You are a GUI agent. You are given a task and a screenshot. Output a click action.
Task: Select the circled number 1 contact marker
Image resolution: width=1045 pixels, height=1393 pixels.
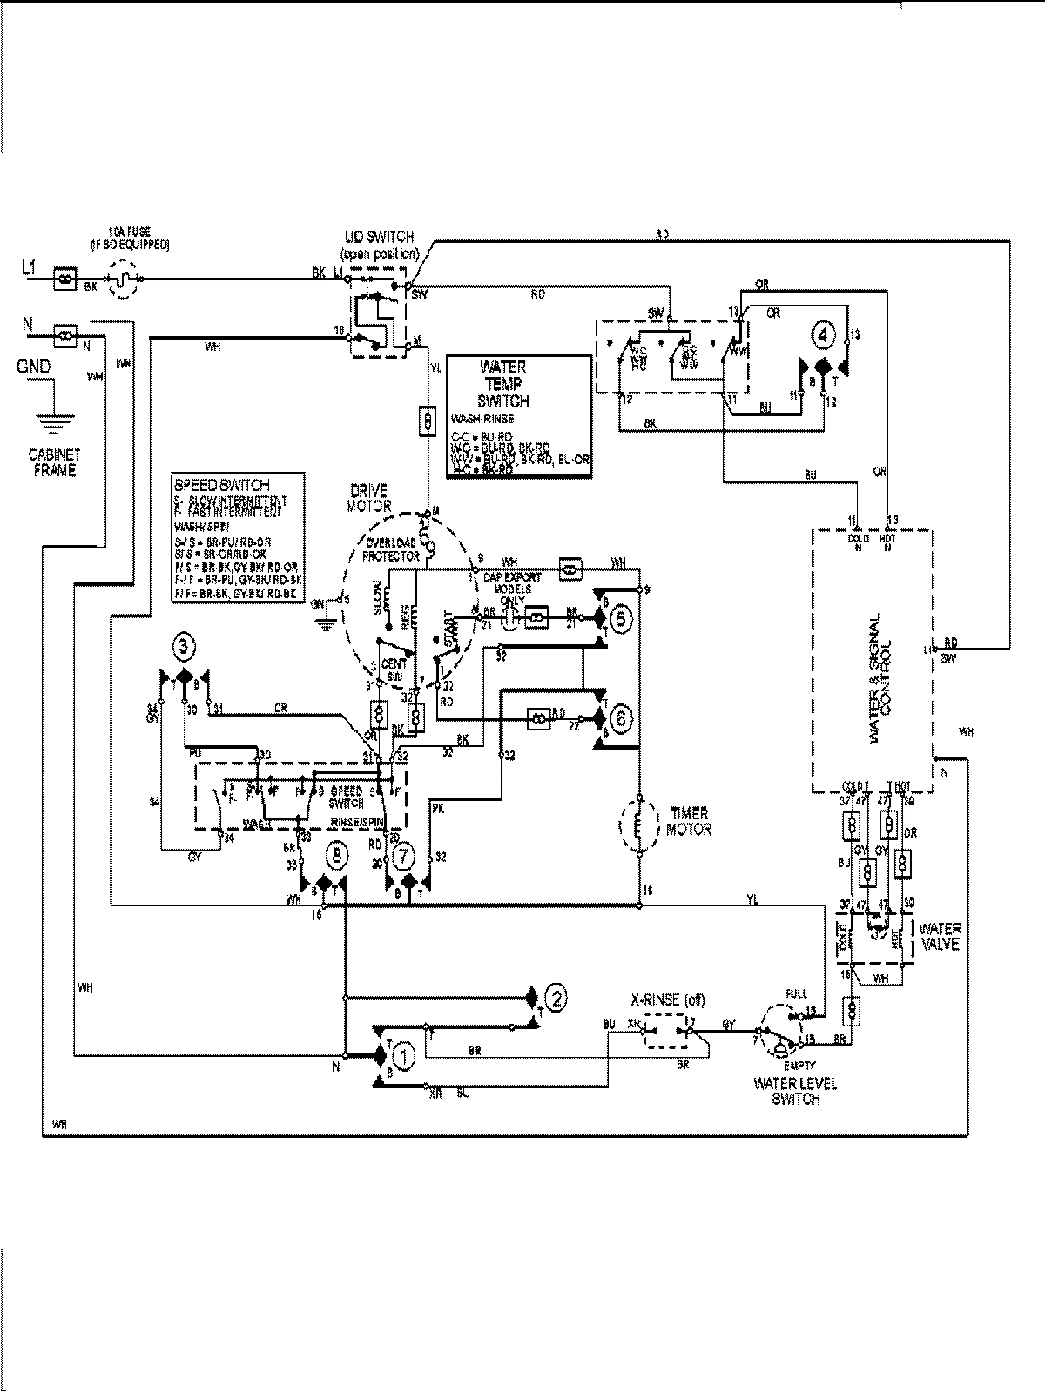point(403,1056)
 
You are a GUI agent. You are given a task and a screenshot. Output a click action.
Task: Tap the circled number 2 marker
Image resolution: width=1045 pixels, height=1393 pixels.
point(556,996)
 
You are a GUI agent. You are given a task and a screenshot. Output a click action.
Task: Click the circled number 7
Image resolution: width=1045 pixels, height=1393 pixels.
point(402,857)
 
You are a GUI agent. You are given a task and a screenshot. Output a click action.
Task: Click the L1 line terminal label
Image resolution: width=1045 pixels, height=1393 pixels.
point(28,271)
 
